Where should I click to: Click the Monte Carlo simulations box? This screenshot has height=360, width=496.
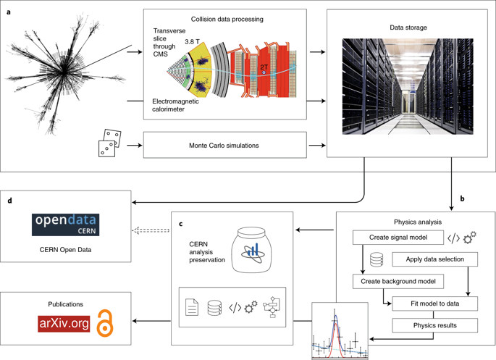click(225, 145)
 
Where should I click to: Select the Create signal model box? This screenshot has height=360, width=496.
click(398, 238)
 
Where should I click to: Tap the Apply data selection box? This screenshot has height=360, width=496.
click(435, 259)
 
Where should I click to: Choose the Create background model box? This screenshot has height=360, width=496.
click(398, 281)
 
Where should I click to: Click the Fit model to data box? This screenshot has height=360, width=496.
click(435, 304)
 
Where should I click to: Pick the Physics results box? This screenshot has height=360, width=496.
click(435, 325)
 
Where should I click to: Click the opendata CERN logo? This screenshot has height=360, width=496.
click(65, 225)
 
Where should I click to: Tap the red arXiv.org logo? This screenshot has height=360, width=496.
click(64, 324)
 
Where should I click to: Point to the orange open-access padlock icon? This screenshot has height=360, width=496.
click(105, 323)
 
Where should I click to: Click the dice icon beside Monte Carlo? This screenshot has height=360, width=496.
click(109, 143)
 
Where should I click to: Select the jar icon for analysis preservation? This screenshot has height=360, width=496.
click(252, 250)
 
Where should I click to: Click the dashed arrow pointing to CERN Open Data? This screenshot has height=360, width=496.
click(151, 230)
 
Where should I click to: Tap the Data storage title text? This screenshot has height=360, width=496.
click(408, 28)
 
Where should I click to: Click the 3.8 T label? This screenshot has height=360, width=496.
click(192, 42)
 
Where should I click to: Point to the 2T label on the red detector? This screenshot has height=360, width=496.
click(264, 67)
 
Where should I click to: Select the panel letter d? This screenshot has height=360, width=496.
click(10, 201)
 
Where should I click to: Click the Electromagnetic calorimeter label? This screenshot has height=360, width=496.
click(175, 105)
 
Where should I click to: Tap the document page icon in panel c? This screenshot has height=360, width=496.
click(192, 307)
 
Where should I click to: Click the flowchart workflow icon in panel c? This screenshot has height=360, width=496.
click(272, 307)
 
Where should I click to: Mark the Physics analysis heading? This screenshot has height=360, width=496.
click(418, 222)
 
